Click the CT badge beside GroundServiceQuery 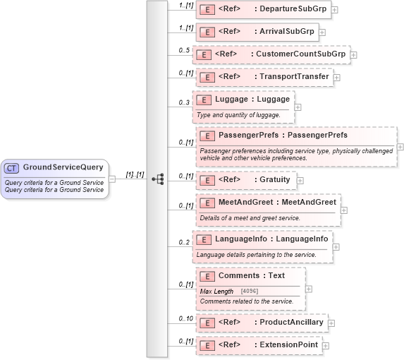tap(12, 168)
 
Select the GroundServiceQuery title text tap(63, 167)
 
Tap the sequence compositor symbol tap(158, 179)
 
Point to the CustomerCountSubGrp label tap(300, 54)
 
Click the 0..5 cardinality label tap(185, 50)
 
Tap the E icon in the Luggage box tap(203, 100)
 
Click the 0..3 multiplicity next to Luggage tap(185, 102)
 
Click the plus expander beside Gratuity tap(300, 180)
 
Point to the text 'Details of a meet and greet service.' tap(250, 217)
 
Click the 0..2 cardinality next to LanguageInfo tap(185, 242)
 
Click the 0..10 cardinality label tap(185, 318)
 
